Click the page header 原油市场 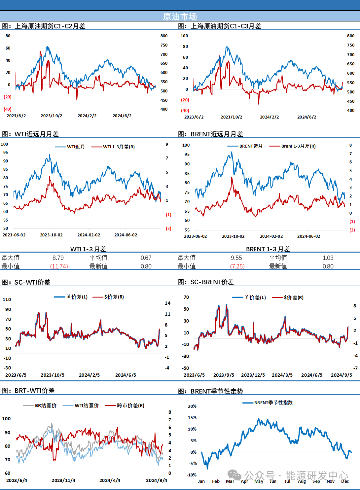[x=180, y=16]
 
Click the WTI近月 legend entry [x=70, y=147]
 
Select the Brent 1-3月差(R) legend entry [x=292, y=146]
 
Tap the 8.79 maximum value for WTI [x=58, y=258]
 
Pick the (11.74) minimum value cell [x=59, y=266]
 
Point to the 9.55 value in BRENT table [x=236, y=258]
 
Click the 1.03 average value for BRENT [x=328, y=258]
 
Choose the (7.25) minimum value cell [x=237, y=266]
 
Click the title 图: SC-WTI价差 [x=26, y=282]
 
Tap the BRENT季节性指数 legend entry [x=267, y=403]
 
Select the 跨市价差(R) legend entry [x=125, y=405]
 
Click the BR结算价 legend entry [x=40, y=405]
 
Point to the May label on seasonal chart [x=259, y=481]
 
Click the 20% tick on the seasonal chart [x=192, y=406]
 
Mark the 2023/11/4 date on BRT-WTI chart [x=63, y=480]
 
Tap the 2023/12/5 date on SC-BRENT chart [x=253, y=375]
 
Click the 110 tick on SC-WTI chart [x=7, y=299]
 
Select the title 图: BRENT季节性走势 [x=210, y=391]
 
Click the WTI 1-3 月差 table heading [x=88, y=249]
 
